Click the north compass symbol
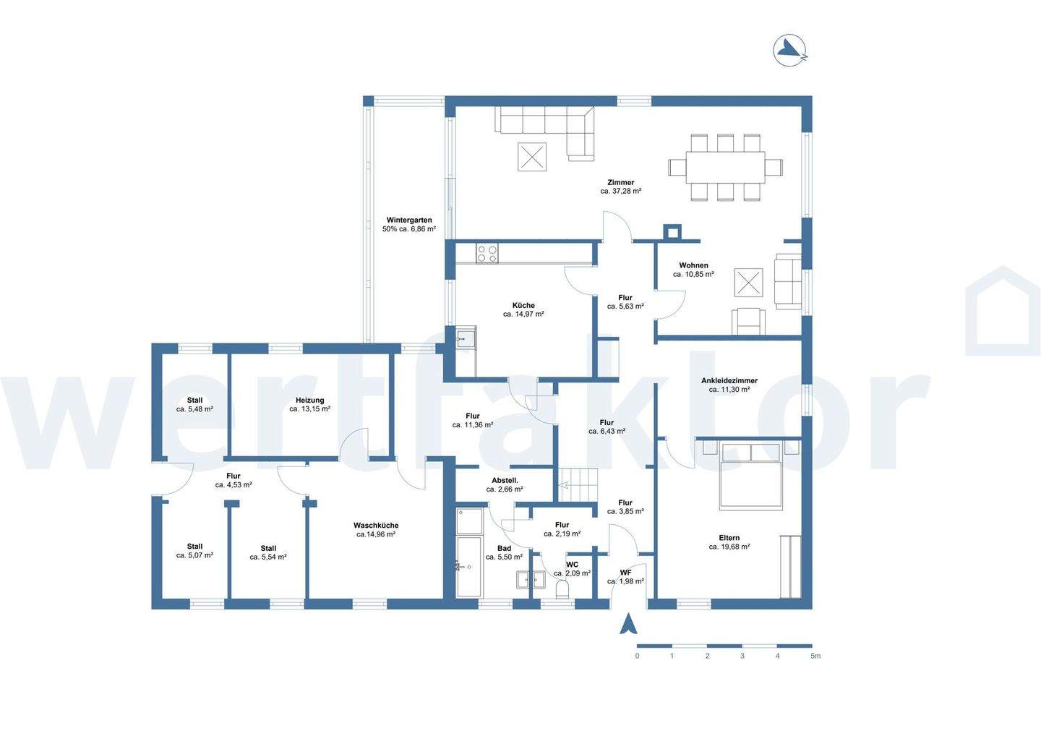point(790,50)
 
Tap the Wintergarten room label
point(409,221)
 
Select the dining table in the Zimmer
point(726,167)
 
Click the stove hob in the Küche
point(487,253)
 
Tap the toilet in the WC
point(562,589)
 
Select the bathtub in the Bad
point(469,567)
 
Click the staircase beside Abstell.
point(578,484)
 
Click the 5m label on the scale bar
point(815,656)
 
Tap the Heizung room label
point(310,400)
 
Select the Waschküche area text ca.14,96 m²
point(375,534)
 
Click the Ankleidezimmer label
point(729,380)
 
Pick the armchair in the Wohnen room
point(748,321)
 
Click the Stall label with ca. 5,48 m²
point(194,400)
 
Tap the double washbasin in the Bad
point(531,579)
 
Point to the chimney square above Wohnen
point(672,232)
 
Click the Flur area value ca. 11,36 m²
point(473,424)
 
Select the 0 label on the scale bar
point(637,656)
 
